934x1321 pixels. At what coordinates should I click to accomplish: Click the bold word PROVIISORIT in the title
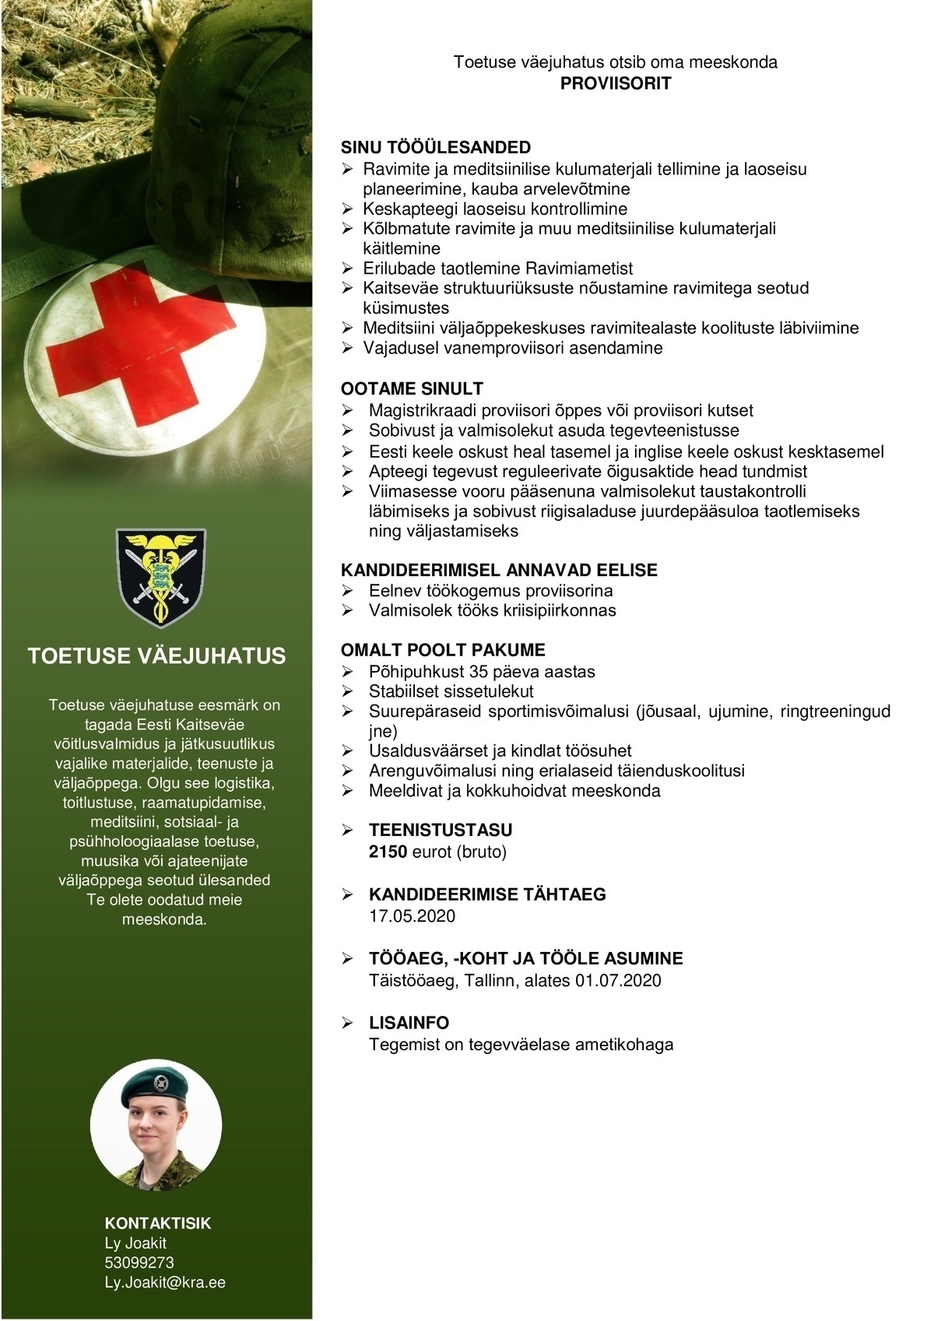(616, 83)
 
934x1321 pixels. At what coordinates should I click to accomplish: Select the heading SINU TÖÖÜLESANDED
(436, 148)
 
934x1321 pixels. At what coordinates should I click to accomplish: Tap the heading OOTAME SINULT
(412, 389)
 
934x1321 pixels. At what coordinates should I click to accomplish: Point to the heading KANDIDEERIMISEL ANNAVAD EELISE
(499, 571)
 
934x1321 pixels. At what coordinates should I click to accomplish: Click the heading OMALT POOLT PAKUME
(443, 650)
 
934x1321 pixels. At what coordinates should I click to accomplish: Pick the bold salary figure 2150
(388, 852)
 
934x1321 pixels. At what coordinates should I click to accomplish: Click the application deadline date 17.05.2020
(412, 916)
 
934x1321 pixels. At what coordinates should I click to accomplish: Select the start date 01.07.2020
(618, 981)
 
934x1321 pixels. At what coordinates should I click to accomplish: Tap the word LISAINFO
(409, 1023)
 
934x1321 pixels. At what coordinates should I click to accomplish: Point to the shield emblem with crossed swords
(160, 578)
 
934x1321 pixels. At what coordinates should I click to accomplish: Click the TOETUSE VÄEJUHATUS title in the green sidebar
(156, 656)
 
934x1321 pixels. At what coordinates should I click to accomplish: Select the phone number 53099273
(139, 1263)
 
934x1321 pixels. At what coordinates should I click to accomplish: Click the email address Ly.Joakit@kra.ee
(165, 1282)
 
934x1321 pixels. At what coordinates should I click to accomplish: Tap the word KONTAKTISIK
(158, 1223)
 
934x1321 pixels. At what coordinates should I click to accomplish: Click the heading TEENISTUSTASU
(441, 830)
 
